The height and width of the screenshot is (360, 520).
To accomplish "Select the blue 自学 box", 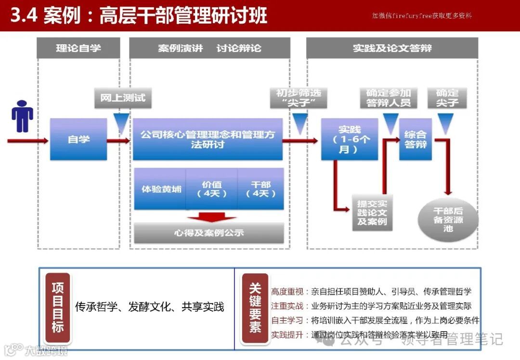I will tap(78, 140).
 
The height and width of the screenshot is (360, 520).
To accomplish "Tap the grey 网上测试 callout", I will tap(122, 98).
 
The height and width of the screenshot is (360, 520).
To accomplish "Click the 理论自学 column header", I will tap(78, 48).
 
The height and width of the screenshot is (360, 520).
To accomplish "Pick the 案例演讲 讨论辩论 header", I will tap(209, 48).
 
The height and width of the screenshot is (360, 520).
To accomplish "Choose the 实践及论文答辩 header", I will tap(392, 48).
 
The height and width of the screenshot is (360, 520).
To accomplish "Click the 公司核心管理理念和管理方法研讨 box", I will tap(208, 139).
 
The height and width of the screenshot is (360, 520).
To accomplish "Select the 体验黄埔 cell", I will tap(161, 189).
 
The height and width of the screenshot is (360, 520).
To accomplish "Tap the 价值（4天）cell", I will tap(212, 189).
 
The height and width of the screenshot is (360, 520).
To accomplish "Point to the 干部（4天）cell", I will tap(261, 189).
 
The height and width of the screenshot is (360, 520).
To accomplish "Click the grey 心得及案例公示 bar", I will tap(208, 233).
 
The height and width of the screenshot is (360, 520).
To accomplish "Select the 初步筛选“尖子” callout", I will tap(298, 98).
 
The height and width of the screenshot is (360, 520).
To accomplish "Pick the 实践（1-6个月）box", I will tap(349, 139).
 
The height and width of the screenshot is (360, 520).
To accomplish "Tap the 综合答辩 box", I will tap(415, 139).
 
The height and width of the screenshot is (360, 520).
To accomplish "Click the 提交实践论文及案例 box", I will tap(372, 213).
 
